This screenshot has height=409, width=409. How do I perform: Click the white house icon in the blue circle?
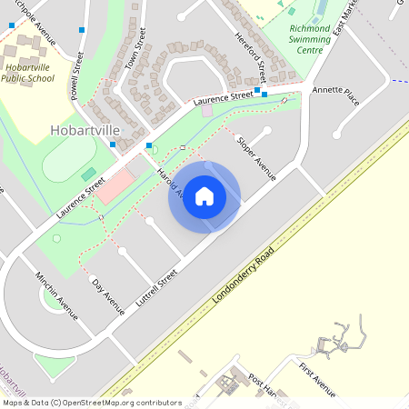(x=204, y=195)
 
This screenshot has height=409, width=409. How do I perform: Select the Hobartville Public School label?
(x=34, y=73)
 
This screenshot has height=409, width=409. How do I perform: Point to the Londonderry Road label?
(x=242, y=275)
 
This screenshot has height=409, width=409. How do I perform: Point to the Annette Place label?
(x=335, y=96)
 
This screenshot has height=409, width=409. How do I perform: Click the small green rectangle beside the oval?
(x=88, y=174)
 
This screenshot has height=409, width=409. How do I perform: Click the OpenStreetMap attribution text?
(x=91, y=402)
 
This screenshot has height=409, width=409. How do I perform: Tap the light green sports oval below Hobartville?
(x=64, y=164)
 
